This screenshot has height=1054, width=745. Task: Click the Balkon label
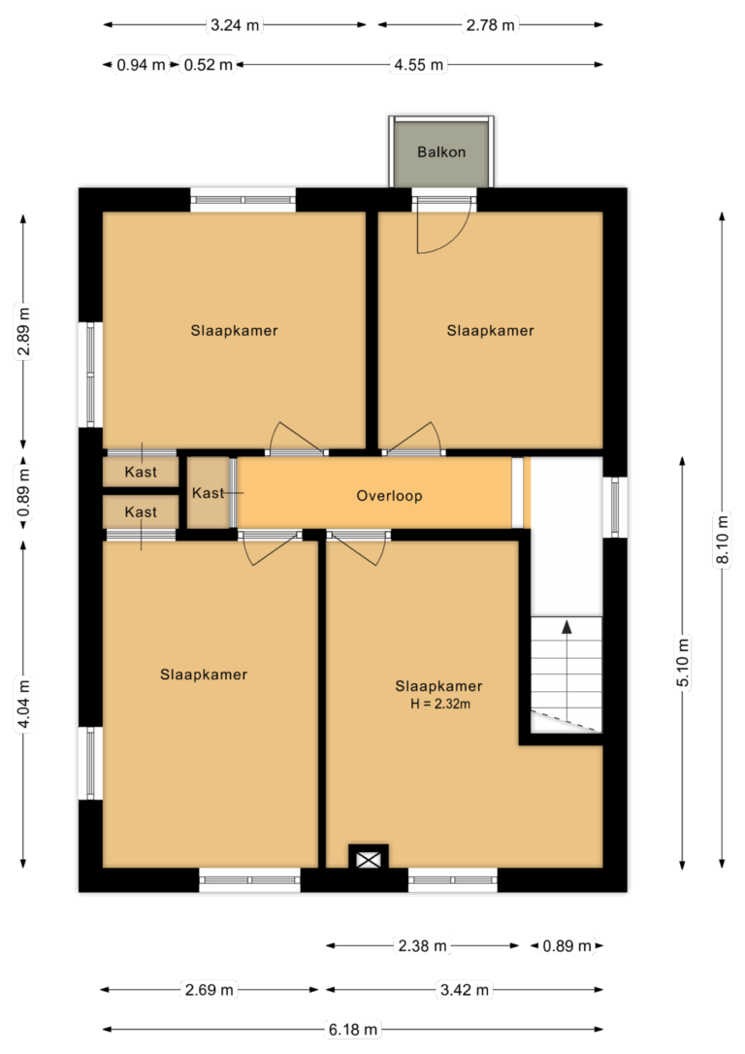coord(441,152)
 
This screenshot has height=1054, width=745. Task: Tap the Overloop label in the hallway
coord(390,496)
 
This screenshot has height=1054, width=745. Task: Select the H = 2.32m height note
coord(440,705)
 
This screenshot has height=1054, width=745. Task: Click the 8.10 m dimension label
coord(723,541)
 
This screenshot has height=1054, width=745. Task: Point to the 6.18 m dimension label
coord(353,1029)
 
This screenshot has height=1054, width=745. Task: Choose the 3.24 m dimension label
coord(235,25)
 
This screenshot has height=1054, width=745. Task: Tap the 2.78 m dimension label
coord(491,25)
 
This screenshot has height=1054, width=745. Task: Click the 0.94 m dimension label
coord(141,65)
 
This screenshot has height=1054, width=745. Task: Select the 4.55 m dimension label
coord(419,65)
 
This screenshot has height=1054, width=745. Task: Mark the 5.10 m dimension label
coord(683,662)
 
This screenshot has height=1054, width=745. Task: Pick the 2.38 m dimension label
coord(423,945)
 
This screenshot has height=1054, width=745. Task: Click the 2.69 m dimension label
coord(210,990)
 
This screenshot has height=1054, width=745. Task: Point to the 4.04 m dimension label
coord(23,704)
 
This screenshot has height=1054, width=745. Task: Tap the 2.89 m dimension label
coord(23,331)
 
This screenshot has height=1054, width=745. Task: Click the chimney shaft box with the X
coord(368,859)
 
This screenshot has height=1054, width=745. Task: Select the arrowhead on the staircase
coord(567,627)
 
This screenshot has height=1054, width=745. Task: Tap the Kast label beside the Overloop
coord(208,493)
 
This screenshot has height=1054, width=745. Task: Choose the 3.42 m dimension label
coord(465,990)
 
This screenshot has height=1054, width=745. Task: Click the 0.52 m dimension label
coord(209,65)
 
